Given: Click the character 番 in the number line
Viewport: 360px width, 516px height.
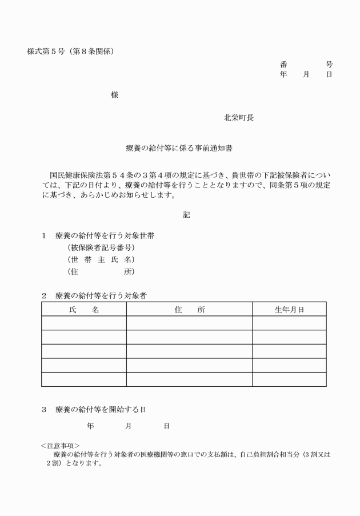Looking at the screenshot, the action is [x=284, y=65].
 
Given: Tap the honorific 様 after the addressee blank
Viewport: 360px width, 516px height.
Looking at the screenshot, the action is [x=115, y=95].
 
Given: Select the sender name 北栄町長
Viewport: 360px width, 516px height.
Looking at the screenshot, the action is [x=239, y=118].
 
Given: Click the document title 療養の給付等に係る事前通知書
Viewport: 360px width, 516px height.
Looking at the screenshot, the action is [x=179, y=148].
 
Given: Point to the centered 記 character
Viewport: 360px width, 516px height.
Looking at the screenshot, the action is [x=186, y=215].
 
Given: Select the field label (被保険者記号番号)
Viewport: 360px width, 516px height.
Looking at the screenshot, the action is [x=101, y=247].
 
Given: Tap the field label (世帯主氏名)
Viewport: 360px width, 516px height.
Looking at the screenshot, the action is [x=101, y=259].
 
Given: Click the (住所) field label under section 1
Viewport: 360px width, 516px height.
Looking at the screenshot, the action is [x=101, y=271].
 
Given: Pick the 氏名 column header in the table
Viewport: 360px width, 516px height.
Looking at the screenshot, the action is [x=84, y=309].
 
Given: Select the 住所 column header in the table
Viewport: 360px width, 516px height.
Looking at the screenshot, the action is [x=190, y=309].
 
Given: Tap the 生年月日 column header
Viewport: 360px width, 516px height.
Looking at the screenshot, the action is [x=289, y=309].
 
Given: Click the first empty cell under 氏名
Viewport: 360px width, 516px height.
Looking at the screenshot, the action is [x=84, y=323].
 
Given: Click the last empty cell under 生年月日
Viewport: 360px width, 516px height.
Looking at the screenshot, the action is [x=289, y=379].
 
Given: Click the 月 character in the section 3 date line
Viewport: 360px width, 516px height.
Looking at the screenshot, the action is [x=129, y=426].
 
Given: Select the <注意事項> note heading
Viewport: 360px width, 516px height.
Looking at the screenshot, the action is [x=60, y=445].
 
